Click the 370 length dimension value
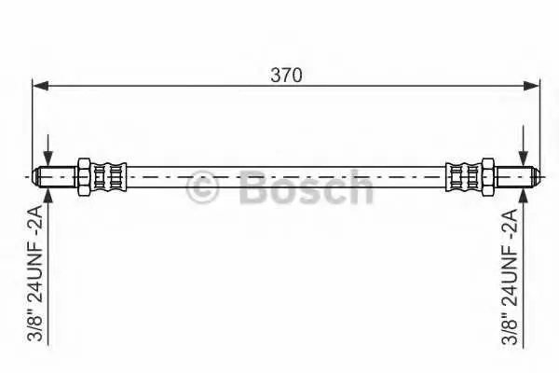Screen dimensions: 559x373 coord(286,75)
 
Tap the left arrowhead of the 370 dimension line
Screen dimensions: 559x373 coord(40,86)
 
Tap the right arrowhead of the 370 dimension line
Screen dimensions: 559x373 coord(532,86)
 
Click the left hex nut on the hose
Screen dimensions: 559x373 coord(83,176)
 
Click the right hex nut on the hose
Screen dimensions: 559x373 coord(488,176)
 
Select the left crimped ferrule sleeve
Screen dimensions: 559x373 coord(108,176)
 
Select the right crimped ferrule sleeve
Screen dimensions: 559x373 coord(464,176)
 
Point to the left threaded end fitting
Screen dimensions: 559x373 coord(54,176)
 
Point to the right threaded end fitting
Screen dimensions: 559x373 coord(518,176)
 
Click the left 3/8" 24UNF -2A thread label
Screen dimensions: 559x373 coord(34,272)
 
